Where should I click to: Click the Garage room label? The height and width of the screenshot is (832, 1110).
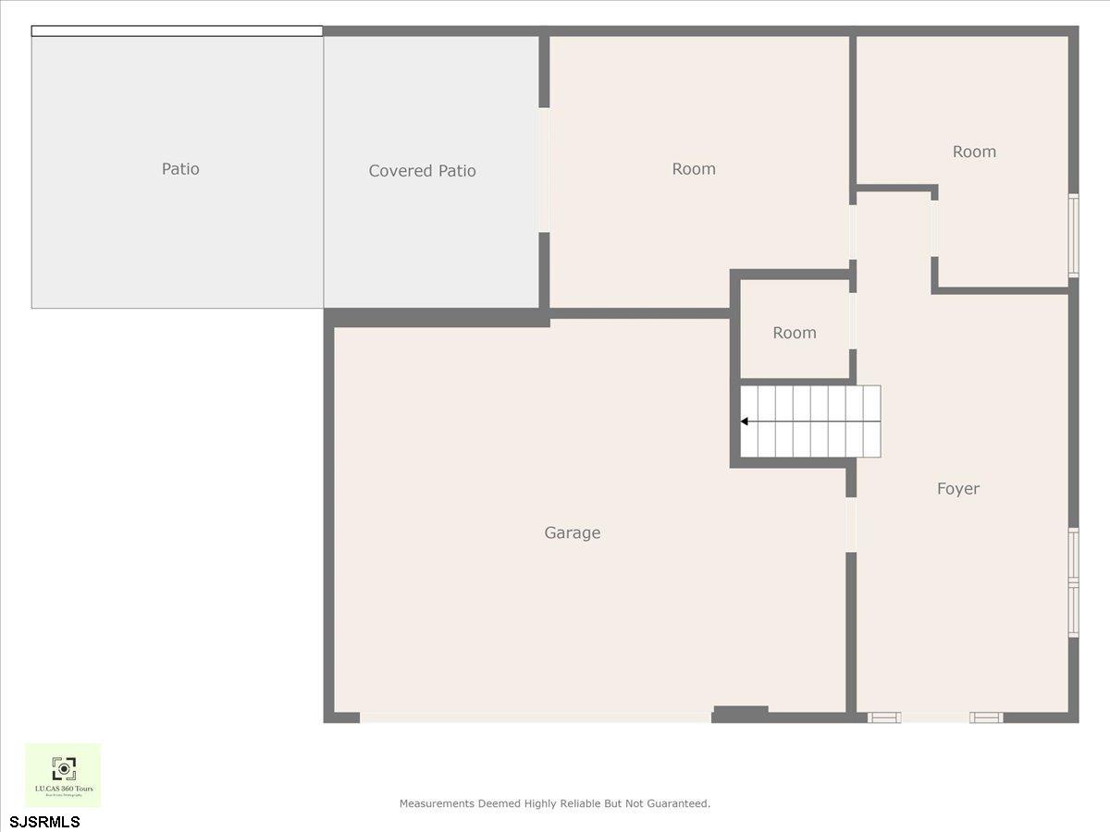[572, 532]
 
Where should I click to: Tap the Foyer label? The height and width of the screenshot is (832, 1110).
[957, 488]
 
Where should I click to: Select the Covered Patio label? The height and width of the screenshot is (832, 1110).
[422, 171]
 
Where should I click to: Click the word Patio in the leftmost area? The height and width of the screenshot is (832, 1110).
[180, 169]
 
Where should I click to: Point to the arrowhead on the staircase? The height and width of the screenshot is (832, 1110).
[745, 422]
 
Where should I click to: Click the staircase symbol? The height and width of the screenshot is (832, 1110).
[810, 422]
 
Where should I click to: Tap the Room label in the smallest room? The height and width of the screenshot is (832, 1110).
[795, 333]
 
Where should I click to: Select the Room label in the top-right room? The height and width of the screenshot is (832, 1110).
[974, 152]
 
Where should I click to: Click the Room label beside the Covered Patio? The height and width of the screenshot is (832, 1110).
[694, 169]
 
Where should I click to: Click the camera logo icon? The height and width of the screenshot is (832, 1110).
[63, 768]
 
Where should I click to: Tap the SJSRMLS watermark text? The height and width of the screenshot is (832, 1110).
[45, 822]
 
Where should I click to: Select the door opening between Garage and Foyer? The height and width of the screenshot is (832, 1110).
[851, 524]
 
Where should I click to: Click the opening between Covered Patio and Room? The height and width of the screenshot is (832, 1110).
[545, 169]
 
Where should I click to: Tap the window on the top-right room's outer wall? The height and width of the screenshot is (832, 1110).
[1073, 235]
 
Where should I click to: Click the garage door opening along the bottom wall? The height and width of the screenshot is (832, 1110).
[535, 717]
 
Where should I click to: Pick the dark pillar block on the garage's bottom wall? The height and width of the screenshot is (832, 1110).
[740, 713]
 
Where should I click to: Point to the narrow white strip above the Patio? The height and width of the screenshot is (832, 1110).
[177, 31]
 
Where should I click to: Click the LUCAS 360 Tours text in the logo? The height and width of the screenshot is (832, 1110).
[63, 789]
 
